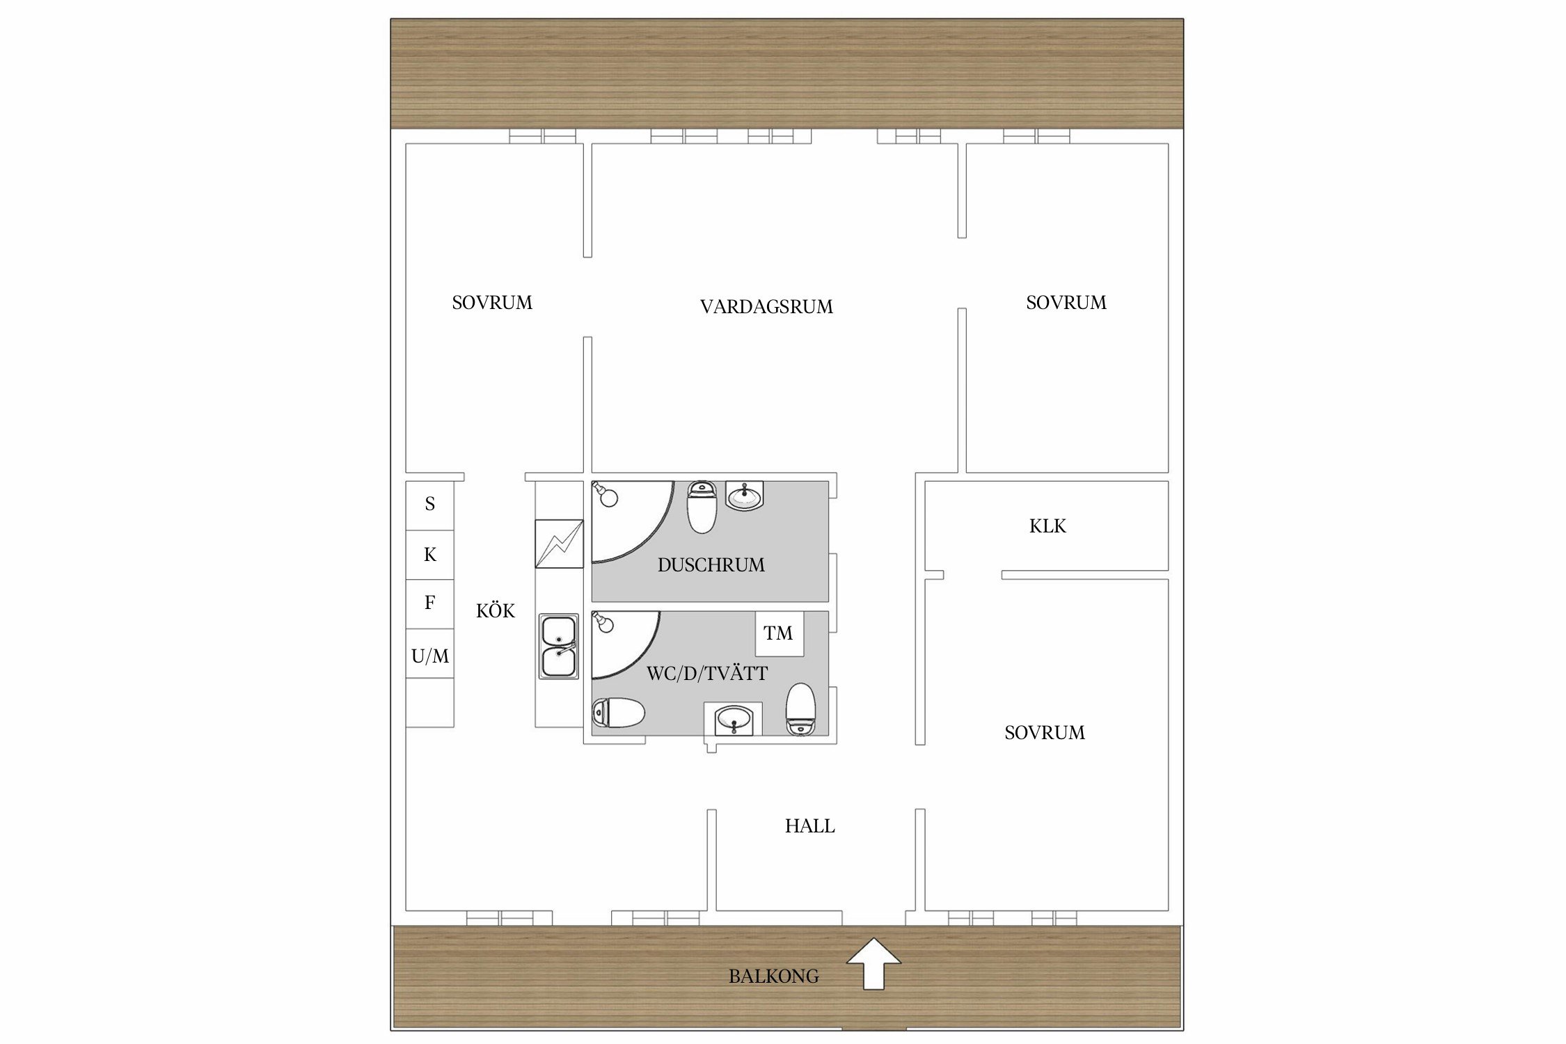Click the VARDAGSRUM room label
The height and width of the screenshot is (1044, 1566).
click(x=766, y=307)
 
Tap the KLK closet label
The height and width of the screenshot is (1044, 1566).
click(x=1047, y=526)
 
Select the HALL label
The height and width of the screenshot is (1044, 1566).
click(x=809, y=826)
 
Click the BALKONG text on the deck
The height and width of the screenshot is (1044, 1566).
click(x=773, y=976)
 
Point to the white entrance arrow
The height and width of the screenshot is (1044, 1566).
click(x=873, y=963)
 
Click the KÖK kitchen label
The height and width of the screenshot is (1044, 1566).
click(x=496, y=610)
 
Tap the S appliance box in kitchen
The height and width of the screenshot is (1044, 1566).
click(x=430, y=505)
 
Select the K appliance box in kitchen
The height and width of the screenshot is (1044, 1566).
click(x=430, y=555)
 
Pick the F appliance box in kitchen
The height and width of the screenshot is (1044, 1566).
click(x=430, y=604)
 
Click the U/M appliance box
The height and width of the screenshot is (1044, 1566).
click(x=430, y=654)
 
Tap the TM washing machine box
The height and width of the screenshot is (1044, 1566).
click(x=780, y=633)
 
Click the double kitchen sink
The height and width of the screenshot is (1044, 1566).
click(x=558, y=646)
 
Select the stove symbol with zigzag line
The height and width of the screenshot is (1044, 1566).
click(x=559, y=544)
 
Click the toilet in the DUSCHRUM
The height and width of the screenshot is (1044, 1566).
click(x=702, y=507)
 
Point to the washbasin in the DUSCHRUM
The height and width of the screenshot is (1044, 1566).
click(x=745, y=496)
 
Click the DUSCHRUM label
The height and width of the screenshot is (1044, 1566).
click(x=711, y=565)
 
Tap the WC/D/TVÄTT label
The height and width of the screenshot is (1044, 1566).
click(x=707, y=673)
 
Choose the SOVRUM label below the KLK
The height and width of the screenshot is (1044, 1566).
click(x=1045, y=732)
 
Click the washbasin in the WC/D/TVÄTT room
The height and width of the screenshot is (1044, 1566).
click(x=734, y=720)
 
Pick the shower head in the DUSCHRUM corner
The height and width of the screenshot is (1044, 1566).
click(x=606, y=494)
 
